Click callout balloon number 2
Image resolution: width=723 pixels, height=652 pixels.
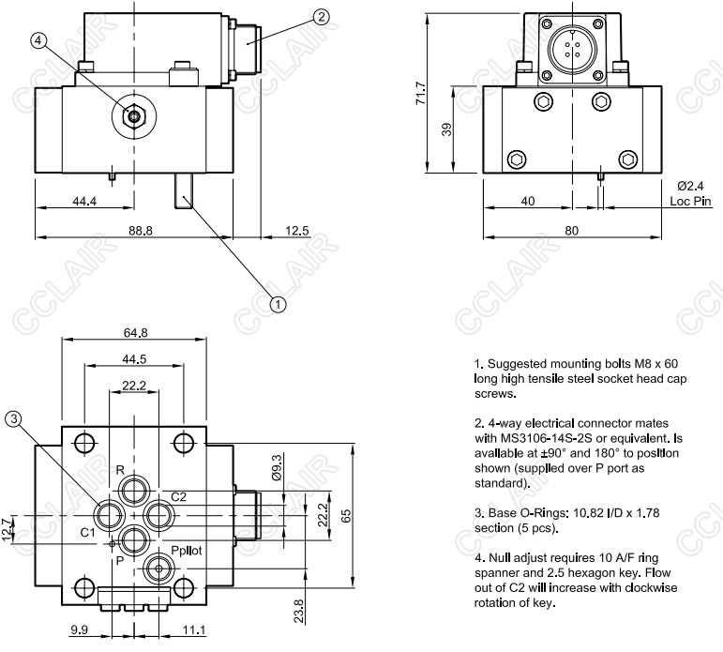click(322, 16)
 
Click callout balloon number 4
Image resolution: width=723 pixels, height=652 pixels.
click(38, 41)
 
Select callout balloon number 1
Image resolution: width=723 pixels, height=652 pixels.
click(278, 303)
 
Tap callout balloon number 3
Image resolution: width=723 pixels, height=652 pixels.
click(13, 419)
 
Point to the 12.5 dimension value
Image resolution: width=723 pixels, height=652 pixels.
click(298, 230)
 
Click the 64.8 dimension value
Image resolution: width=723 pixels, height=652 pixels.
click(137, 332)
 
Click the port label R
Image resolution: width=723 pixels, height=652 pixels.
click(120, 469)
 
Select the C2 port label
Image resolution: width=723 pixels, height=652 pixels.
click(178, 496)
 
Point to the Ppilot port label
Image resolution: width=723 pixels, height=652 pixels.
click(186, 551)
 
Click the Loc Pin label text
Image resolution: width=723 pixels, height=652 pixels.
click(693, 200)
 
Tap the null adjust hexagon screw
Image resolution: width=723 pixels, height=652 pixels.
click(134, 115)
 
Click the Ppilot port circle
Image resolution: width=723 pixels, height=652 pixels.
click(160, 569)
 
